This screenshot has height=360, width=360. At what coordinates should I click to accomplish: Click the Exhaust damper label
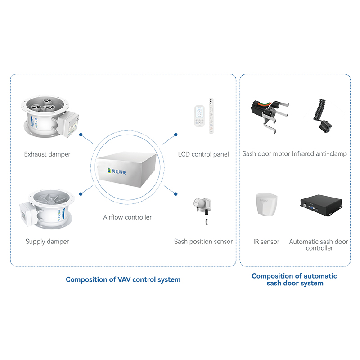47,154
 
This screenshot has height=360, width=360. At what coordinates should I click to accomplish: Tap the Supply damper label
47,242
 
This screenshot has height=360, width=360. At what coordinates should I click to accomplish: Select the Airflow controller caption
127,217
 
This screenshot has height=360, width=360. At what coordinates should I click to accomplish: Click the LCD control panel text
203,154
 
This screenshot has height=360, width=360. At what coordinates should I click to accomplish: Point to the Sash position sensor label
203,242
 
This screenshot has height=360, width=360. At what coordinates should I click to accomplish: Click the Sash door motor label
266,154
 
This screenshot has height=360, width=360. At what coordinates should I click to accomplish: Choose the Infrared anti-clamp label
319,154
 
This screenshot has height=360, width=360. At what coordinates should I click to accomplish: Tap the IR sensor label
266,242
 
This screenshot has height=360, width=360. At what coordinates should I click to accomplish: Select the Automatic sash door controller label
319,245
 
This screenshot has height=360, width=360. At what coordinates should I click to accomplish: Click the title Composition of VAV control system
123,279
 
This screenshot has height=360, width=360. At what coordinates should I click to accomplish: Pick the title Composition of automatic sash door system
294,279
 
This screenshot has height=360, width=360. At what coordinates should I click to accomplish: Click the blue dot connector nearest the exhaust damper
80,134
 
